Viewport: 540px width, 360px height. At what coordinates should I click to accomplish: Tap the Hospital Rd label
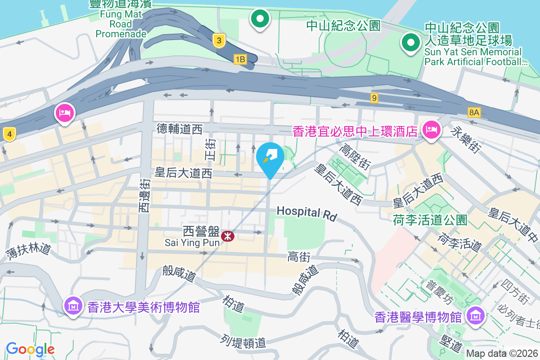(x=307, y=213)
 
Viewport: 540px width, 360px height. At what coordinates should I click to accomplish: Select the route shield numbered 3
(x=219, y=41)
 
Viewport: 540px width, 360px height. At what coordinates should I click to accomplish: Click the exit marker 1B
(x=240, y=59)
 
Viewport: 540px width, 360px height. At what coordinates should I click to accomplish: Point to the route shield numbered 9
(x=374, y=97)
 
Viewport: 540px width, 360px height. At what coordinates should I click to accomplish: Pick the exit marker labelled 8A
(x=474, y=112)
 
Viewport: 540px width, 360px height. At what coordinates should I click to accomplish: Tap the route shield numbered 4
(x=9, y=134)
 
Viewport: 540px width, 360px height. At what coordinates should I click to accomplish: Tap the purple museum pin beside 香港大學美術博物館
(x=73, y=306)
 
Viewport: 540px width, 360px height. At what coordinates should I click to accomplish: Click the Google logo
(x=30, y=349)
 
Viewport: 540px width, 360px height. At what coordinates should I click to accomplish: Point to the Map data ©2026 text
(x=502, y=354)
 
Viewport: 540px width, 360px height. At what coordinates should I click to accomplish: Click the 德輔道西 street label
(x=180, y=130)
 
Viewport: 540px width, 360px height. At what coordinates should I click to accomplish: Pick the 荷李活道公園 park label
(x=430, y=220)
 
